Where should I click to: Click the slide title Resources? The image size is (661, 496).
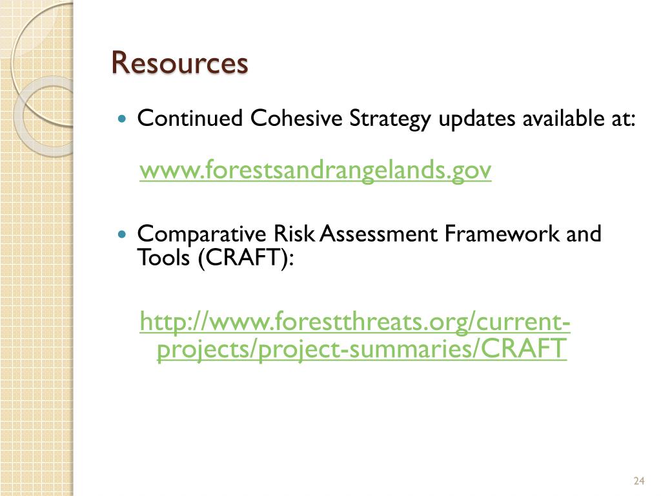pyautogui.click(x=179, y=63)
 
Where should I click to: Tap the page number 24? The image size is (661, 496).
pyautogui.click(x=640, y=480)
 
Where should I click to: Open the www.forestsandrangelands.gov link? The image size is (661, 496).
pyautogui.click(x=316, y=170)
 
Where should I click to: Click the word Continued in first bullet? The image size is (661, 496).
pyautogui.click(x=190, y=119)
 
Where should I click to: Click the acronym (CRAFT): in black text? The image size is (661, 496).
pyautogui.click(x=246, y=258)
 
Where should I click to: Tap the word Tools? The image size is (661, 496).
pyautogui.click(x=165, y=258)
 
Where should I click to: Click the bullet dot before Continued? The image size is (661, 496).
pyautogui.click(x=124, y=119)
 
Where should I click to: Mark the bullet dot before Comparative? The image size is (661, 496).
pyautogui.click(x=124, y=234)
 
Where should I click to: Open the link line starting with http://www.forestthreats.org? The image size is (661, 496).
pyautogui.click(x=355, y=321)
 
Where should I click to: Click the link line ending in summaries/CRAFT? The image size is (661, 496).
pyautogui.click(x=361, y=349)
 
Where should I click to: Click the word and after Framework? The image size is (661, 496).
pyautogui.click(x=584, y=233)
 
